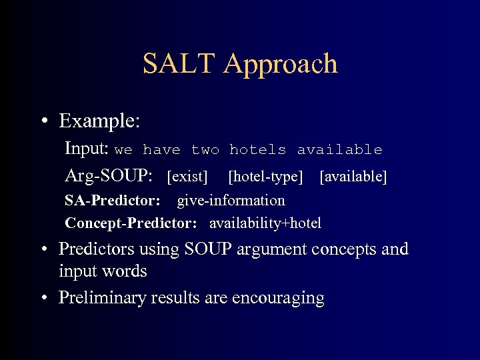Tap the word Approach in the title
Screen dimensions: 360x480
281,65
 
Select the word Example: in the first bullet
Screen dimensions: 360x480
99,121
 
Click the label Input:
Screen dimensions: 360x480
87,149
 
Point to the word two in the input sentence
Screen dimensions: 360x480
205,150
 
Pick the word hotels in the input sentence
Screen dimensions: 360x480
257,150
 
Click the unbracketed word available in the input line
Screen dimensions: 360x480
339,150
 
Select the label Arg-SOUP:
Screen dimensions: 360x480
109,177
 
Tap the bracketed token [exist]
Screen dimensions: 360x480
187,177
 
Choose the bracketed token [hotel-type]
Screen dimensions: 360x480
265,177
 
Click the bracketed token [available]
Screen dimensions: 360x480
353,177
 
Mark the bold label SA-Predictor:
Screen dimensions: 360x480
112,201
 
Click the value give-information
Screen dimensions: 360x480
231,201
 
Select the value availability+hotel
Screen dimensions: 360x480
265,223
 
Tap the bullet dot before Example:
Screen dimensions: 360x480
45,122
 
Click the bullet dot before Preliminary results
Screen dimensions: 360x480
45,298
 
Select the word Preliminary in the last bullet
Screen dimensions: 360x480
103,298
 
